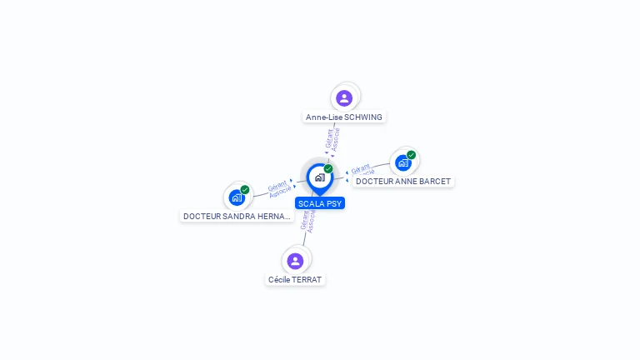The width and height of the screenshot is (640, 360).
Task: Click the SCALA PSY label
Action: coord(320,203)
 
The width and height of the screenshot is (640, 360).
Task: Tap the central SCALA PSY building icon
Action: coord(319,177)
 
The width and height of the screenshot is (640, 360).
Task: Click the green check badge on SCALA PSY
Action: coord(328,168)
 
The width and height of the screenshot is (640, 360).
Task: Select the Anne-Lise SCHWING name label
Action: coord(344,117)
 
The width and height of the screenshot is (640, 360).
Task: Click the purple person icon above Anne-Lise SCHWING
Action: coord(344,98)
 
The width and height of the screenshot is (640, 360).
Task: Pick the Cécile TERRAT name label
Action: coord(295,280)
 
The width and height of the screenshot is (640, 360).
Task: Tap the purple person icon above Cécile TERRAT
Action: coord(295,261)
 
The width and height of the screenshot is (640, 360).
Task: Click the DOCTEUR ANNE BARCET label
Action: coord(403,182)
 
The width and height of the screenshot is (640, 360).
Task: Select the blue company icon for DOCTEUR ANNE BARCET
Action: coord(403,162)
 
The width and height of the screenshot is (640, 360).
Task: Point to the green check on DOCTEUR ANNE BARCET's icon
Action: coord(412,154)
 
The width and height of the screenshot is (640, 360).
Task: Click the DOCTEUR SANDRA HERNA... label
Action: coord(237,217)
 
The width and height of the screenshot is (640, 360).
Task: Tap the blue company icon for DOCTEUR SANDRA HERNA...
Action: coord(237,197)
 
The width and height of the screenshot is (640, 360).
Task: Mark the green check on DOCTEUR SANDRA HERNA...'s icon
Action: coord(245,189)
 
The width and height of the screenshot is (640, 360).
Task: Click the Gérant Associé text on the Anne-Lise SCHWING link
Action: coord(332,139)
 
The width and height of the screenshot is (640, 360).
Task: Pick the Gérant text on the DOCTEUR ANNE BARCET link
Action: coord(360,169)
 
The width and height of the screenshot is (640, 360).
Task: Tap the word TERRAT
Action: coord(307,280)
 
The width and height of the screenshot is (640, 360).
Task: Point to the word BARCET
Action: coord(435,182)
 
